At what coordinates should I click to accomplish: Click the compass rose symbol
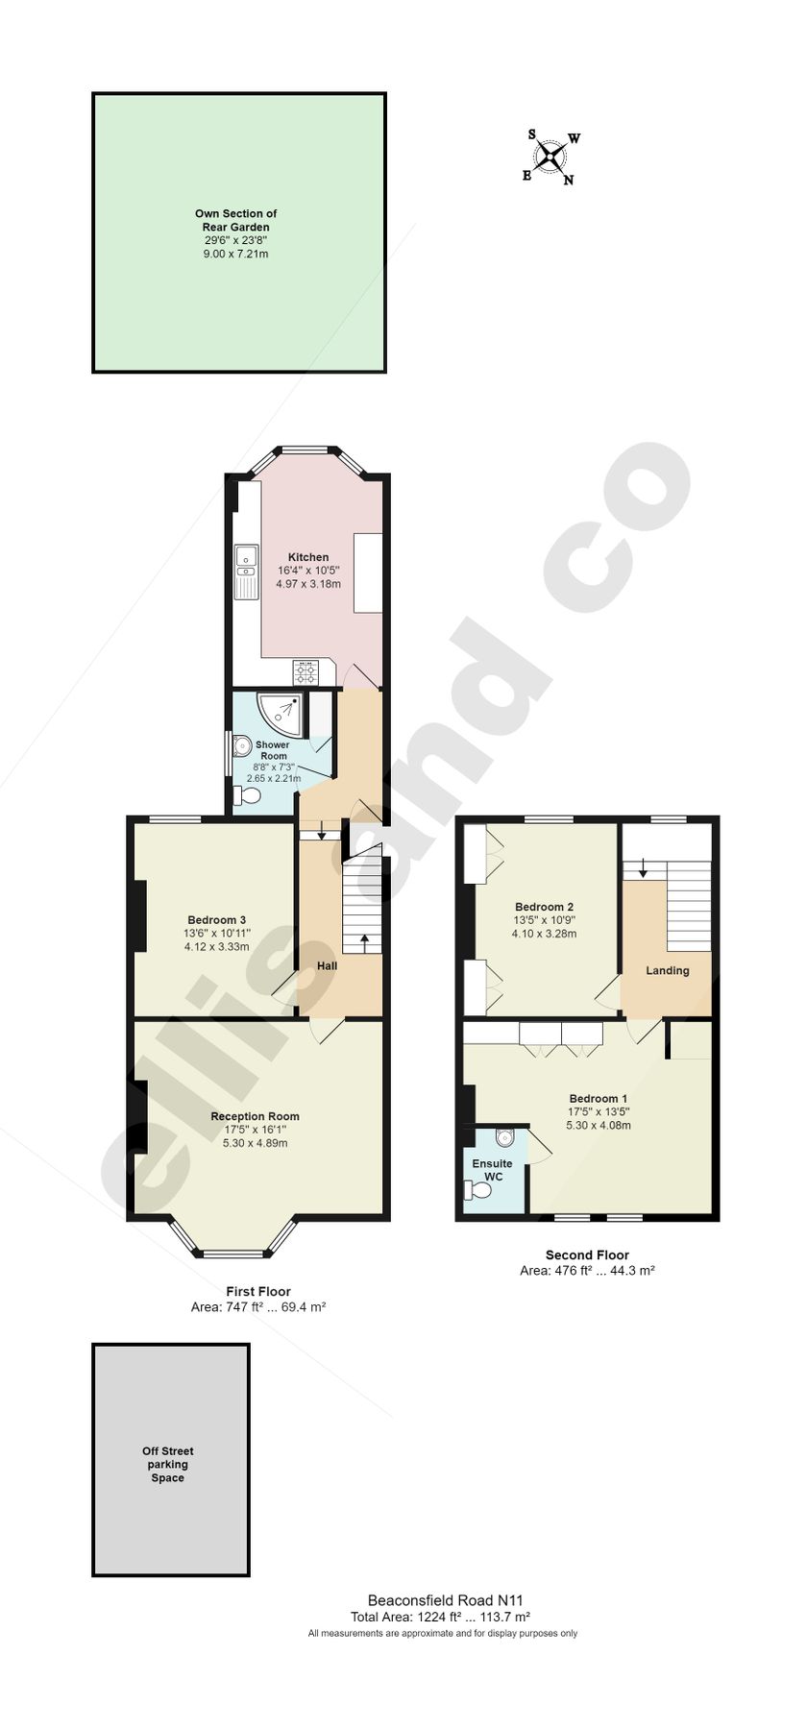[x=551, y=157]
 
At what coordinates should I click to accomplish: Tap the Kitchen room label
[x=308, y=557]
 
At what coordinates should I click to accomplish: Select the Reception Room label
[x=255, y=1116]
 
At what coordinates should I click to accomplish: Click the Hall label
[x=327, y=965]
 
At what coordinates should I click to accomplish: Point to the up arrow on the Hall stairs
[x=363, y=941]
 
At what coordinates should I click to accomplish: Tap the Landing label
[x=667, y=970]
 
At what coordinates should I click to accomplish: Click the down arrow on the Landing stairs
[x=643, y=867]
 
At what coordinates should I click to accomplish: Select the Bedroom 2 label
[x=544, y=907]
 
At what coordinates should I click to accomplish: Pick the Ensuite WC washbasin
[x=505, y=1138]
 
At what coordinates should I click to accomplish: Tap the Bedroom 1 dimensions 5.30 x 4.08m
[x=598, y=1125]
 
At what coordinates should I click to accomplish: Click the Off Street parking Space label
[x=167, y=1465]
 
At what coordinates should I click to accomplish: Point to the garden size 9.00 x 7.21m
[x=235, y=255]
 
